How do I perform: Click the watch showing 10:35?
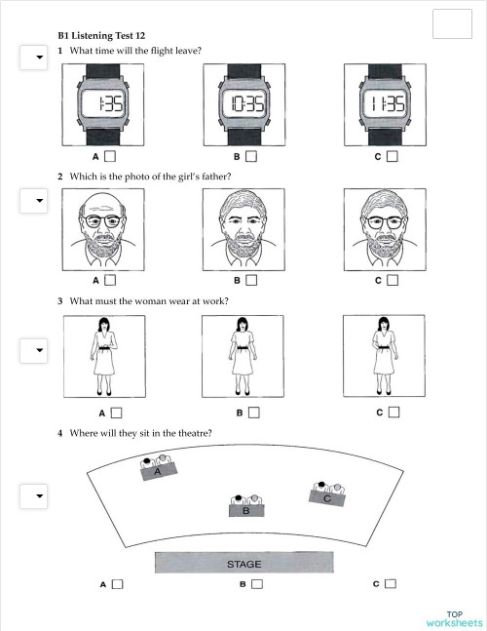point(243,104)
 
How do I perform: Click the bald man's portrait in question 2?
point(103,228)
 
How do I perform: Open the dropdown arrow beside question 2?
point(39,201)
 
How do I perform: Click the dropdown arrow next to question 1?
point(39,58)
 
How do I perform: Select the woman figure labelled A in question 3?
point(103,356)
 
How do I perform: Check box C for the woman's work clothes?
point(392,413)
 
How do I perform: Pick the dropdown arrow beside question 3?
point(39,349)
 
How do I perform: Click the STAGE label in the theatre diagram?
point(243,564)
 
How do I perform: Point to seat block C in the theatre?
point(327,495)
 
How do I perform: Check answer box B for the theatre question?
point(256,585)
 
